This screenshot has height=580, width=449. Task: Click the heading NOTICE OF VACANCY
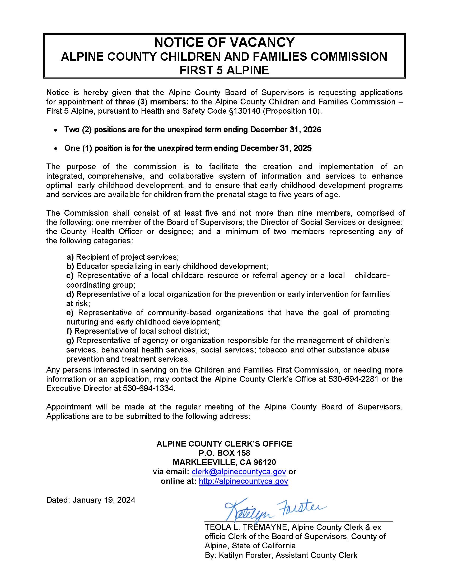pyautogui.click(x=224, y=42)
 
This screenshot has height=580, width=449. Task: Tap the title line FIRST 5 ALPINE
pyautogui.click(x=224, y=70)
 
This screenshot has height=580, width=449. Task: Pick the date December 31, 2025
pyautogui.click(x=276, y=148)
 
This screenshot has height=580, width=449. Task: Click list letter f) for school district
pyautogui.click(x=69, y=331)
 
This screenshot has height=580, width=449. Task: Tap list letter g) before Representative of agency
pyautogui.click(x=70, y=340)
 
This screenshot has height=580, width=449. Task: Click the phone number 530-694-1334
pyautogui.click(x=148, y=388)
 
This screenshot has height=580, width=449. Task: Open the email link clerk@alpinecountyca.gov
pyautogui.click(x=238, y=472)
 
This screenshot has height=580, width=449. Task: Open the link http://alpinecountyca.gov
pyautogui.click(x=244, y=481)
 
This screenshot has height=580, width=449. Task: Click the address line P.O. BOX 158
pyautogui.click(x=224, y=453)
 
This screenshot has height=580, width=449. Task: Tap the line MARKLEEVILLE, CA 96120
pyautogui.click(x=224, y=462)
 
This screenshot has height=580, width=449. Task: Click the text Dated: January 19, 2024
pyautogui.click(x=91, y=500)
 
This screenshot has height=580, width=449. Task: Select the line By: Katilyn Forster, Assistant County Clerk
pyautogui.click(x=281, y=555)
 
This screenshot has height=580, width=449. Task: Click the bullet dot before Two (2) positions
pyautogui.click(x=55, y=130)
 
